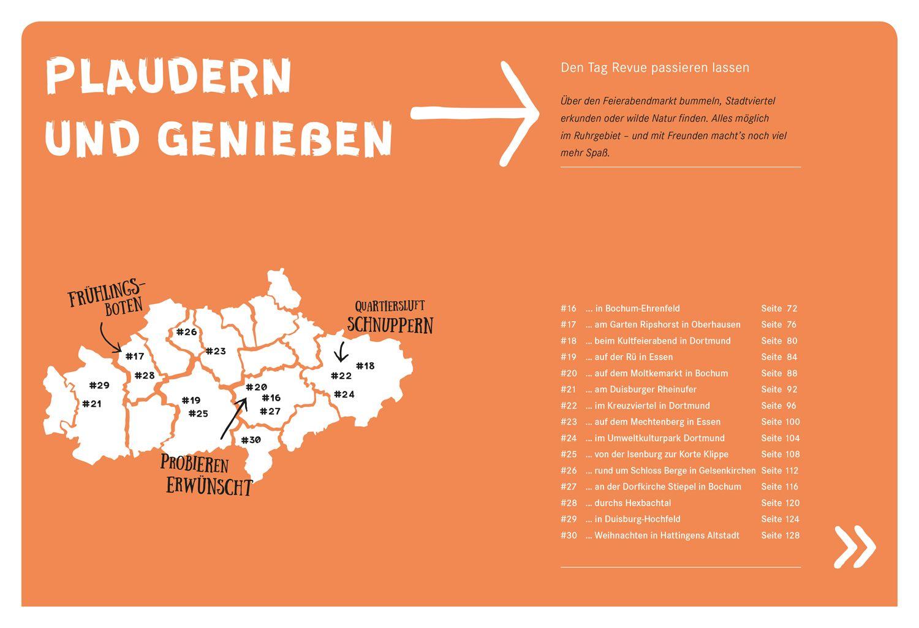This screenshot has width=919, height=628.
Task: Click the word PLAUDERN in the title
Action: [x=168, y=78]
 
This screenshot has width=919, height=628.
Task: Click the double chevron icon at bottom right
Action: [x=855, y=546]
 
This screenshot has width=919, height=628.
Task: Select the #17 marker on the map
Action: [x=135, y=356]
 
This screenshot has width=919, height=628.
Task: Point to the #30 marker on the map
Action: [x=251, y=440]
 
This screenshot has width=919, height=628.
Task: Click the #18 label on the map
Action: [x=365, y=366]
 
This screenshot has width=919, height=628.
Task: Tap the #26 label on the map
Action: [x=186, y=332]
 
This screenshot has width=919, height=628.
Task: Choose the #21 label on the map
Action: [x=92, y=404]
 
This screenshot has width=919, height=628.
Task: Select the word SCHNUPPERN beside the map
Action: [x=390, y=325]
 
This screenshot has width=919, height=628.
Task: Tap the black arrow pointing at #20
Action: [x=233, y=419]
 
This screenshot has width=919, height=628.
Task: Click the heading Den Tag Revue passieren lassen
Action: [x=655, y=67]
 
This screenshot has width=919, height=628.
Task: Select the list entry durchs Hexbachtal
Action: [x=628, y=502]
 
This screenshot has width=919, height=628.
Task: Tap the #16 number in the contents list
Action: [x=568, y=308]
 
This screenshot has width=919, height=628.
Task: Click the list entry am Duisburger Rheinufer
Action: [x=641, y=389]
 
